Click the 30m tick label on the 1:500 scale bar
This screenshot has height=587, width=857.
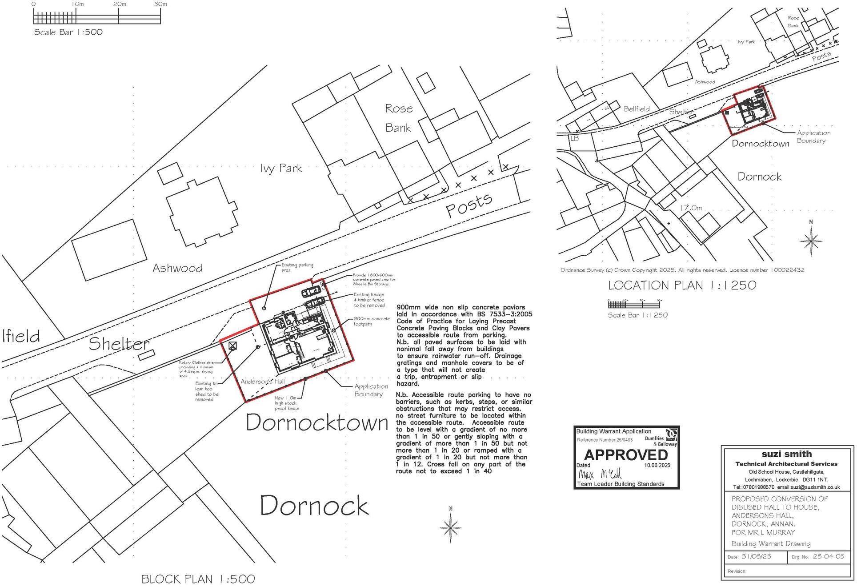tap(160, 4)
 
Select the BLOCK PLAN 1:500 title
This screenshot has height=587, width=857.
tap(198, 579)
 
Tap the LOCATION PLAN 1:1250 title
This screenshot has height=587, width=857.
tap(682, 285)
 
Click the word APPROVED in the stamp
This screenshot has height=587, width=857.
tap(626, 455)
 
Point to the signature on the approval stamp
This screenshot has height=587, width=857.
tap(599, 474)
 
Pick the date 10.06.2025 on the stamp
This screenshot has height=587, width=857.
tap(657, 465)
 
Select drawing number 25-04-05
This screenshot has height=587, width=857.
tap(828, 556)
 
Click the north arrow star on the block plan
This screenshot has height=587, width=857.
tap(451, 527)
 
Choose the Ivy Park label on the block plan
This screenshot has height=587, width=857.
tap(281, 168)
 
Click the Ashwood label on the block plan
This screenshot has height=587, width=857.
tap(177, 268)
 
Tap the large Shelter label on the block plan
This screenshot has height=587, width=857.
tap(119, 344)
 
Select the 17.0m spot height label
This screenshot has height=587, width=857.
tap(691, 208)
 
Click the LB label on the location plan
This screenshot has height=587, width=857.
tap(574, 138)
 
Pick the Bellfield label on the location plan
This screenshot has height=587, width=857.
tap(637, 109)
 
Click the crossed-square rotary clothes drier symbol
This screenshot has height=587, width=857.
tap(232, 346)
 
